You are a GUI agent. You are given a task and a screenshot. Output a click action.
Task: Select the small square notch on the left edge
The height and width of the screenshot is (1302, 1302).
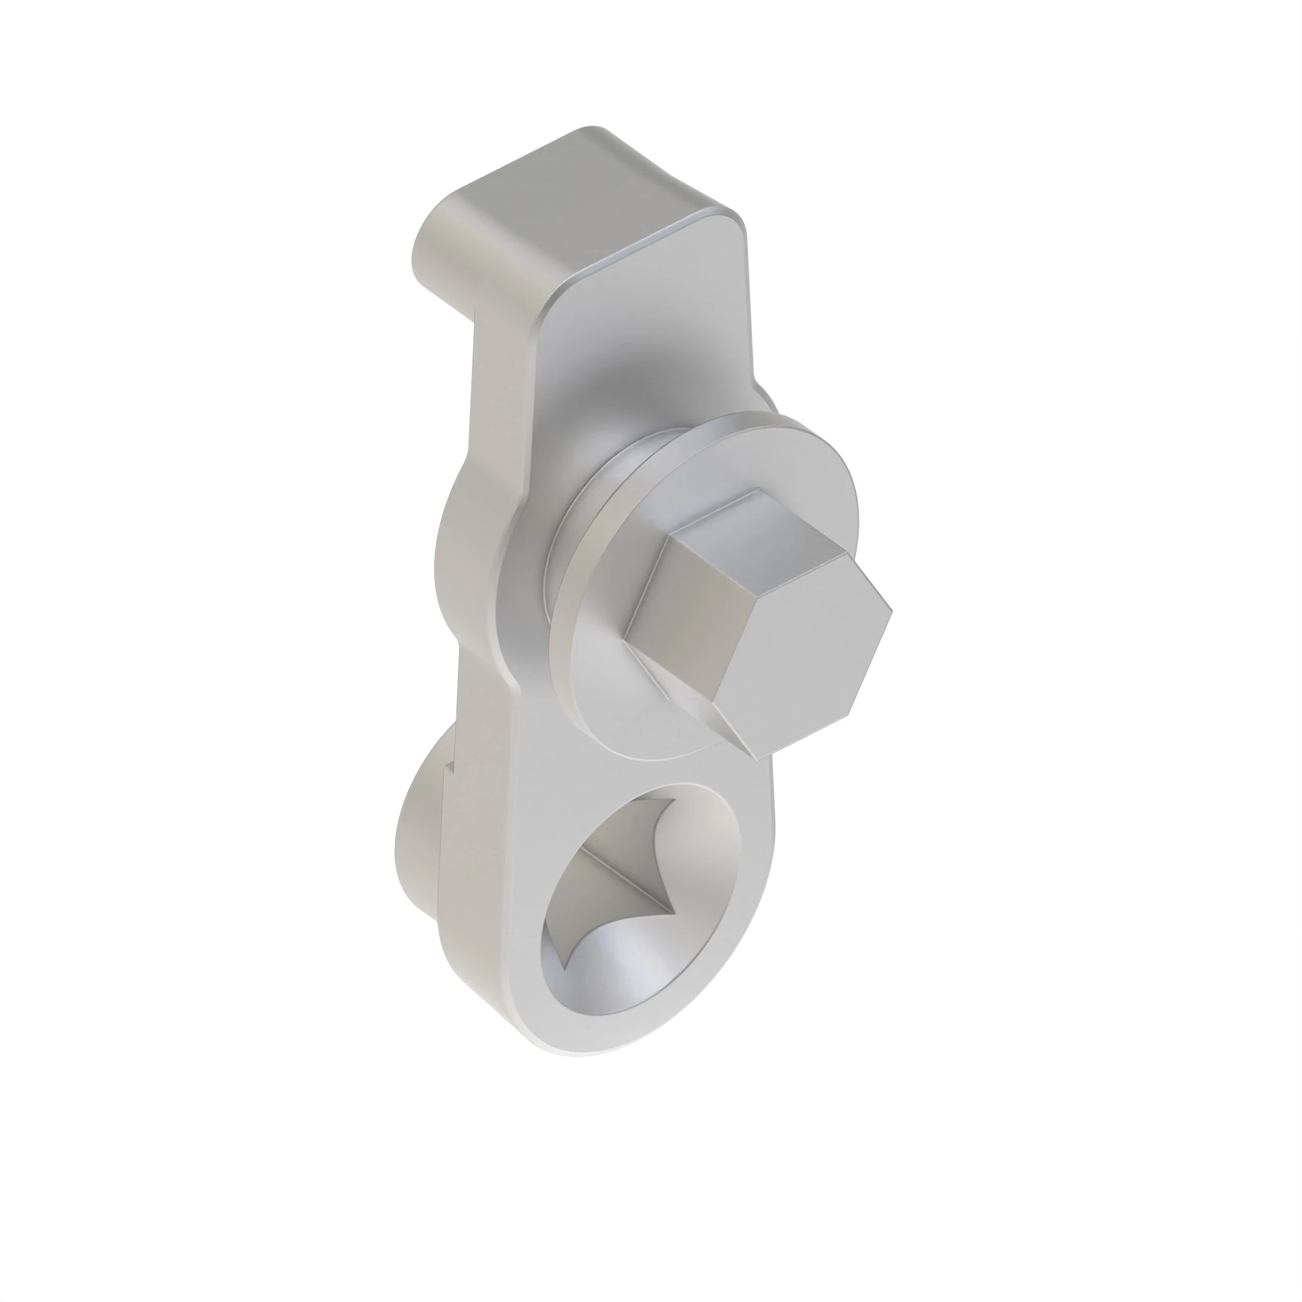coord(452,775)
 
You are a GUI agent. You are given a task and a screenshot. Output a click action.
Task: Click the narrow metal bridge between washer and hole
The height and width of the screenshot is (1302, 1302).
coord(674,768)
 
